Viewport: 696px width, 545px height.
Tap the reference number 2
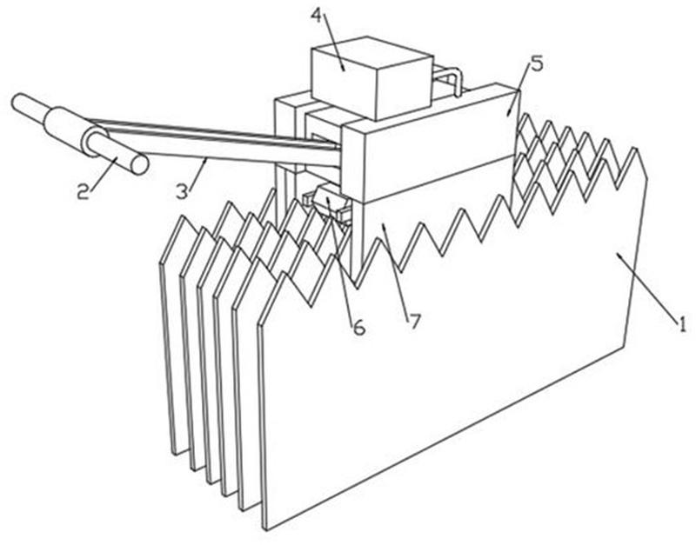(x=83, y=191)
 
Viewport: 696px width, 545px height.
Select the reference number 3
(x=182, y=191)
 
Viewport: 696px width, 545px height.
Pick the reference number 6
(x=358, y=328)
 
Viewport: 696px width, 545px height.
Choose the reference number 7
(x=414, y=322)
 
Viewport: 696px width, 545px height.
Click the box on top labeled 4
(x=372, y=77)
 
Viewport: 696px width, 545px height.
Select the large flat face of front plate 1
(x=444, y=355)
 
